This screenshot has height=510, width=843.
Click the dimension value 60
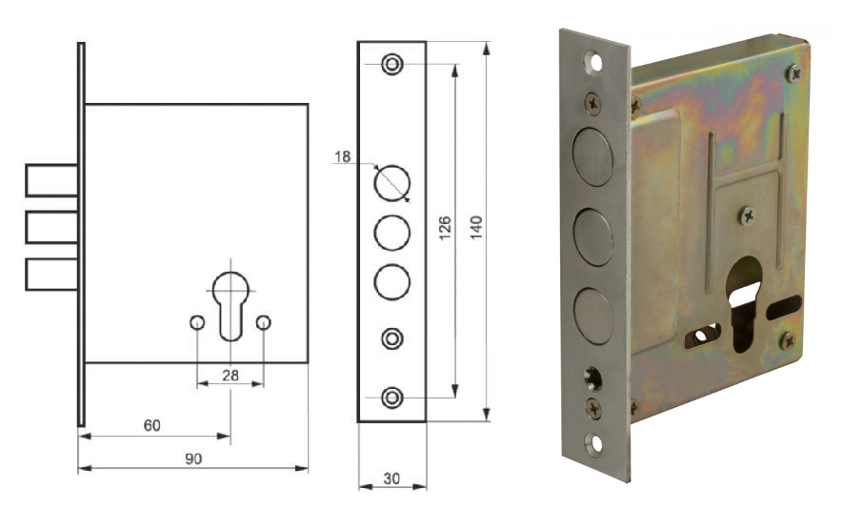pyautogui.click(x=151, y=425)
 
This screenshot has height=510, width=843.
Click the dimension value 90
pyautogui.click(x=193, y=459)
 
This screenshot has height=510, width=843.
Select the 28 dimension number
pyautogui.click(x=231, y=376)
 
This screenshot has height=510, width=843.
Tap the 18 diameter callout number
pyautogui.click(x=343, y=156)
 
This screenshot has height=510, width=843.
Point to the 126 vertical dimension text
pyautogui.click(x=445, y=228)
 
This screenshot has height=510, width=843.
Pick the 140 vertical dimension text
pyautogui.click(x=476, y=228)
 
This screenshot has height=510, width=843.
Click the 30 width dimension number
pyautogui.click(x=391, y=479)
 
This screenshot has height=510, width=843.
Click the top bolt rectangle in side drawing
pyautogui.click(x=51, y=180)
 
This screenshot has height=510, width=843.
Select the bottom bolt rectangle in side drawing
pyautogui.click(x=51, y=275)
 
